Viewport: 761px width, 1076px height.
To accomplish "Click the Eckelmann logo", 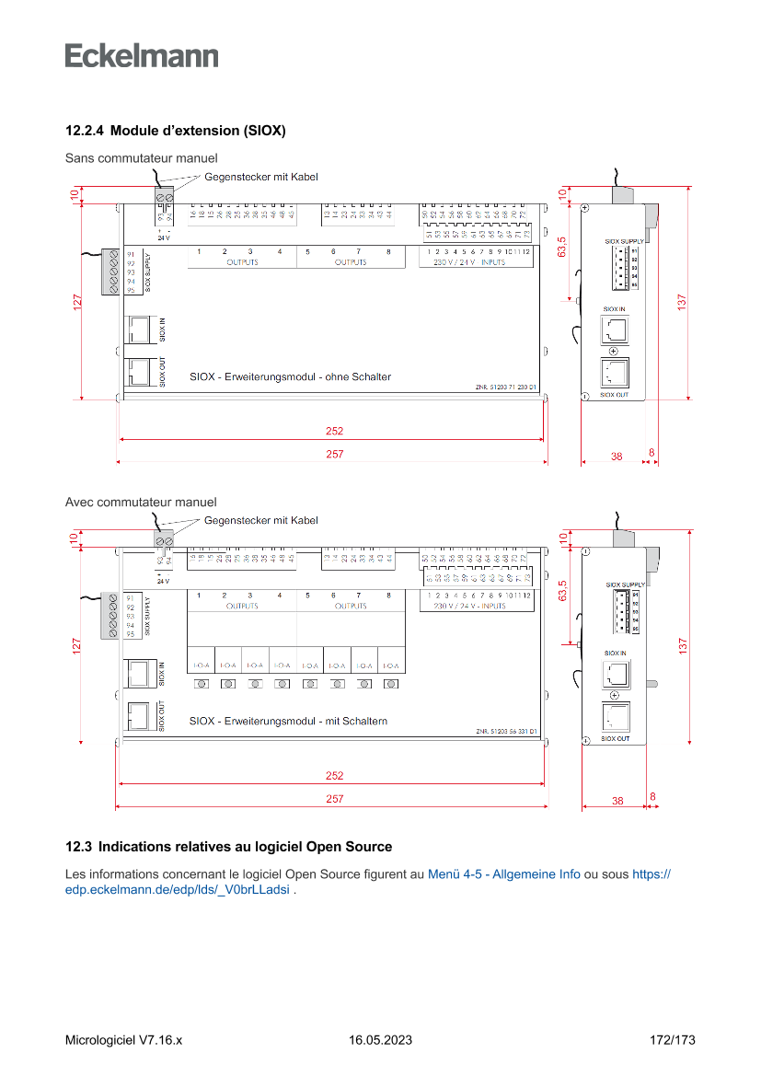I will coord(142,55).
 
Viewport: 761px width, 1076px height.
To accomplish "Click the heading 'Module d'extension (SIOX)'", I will coord(175,131).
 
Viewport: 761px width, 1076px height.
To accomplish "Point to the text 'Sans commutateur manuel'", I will coord(141,158).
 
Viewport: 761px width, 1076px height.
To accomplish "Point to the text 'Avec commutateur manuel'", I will coord(141,502).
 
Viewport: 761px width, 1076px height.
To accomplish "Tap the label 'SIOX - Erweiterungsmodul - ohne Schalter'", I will coord(290,376).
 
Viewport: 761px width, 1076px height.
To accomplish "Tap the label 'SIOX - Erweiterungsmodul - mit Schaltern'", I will coord(288,721).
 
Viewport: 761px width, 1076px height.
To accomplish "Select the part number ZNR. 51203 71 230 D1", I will coord(506,388).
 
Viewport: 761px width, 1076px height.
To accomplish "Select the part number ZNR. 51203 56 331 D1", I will coord(506,732).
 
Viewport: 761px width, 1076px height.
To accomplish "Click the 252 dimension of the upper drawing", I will coord(334,431).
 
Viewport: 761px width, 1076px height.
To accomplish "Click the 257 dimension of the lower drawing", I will coord(334,799).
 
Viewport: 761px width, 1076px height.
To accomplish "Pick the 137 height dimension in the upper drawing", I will coord(683,302).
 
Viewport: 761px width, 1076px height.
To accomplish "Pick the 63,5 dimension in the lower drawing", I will coord(561,591).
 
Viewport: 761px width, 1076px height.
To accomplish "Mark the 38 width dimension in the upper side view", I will coord(617,455).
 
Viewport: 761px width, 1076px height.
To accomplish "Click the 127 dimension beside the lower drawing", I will coord(77,646).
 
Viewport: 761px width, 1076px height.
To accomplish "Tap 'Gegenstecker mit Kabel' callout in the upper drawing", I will coord(261,177).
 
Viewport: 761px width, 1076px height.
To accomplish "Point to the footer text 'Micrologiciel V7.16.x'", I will coord(123,1040).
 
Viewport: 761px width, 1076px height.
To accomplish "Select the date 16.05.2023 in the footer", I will coord(380,1040).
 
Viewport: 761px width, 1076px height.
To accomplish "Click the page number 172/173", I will coord(672,1040).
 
